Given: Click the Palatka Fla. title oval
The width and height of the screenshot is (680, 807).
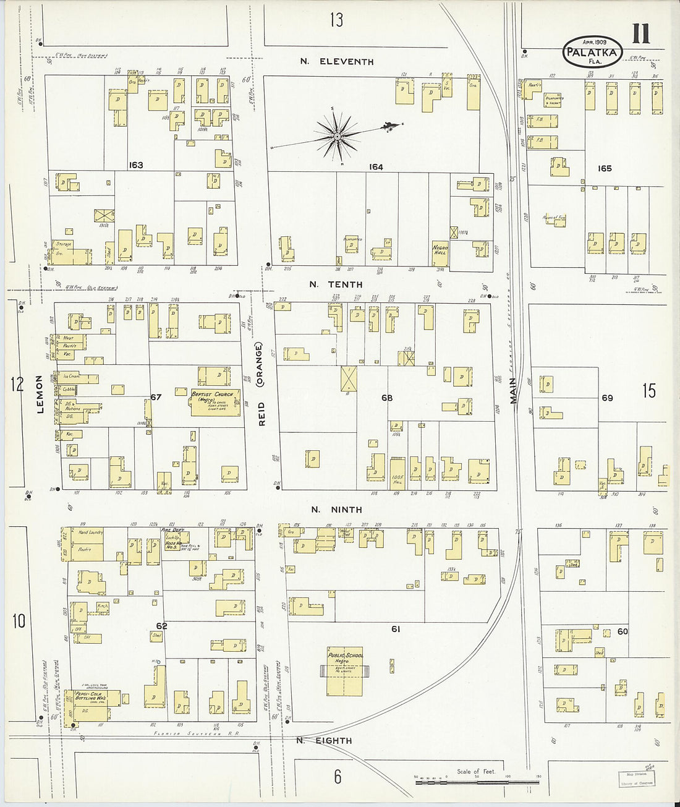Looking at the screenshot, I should tap(592, 51).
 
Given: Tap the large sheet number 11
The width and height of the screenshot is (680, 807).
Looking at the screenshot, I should tap(640, 33).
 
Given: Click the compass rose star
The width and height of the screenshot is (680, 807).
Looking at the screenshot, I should tap(338, 135).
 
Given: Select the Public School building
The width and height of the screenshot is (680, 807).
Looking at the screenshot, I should tap(345, 672).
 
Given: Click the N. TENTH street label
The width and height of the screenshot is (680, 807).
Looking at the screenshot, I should tap(336, 284).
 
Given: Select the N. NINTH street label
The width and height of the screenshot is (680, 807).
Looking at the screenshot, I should tap(336, 510).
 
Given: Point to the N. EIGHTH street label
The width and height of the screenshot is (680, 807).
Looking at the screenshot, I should tap(324, 741).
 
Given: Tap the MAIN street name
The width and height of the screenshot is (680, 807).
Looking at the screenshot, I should tap(513, 391).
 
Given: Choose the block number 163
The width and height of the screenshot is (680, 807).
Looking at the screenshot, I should tap(136, 165).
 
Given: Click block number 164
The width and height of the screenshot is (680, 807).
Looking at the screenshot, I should tap(376, 167).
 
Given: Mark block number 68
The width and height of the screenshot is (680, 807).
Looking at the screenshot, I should tap(386, 398).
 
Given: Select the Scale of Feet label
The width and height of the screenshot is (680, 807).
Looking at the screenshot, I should tap(476, 771).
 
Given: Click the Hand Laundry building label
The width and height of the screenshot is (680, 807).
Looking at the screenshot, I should tap(90, 532).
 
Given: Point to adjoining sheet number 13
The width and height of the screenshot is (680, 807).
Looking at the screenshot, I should tap(336, 20).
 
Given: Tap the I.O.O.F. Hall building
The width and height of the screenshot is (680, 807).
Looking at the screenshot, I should tap(397, 470).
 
